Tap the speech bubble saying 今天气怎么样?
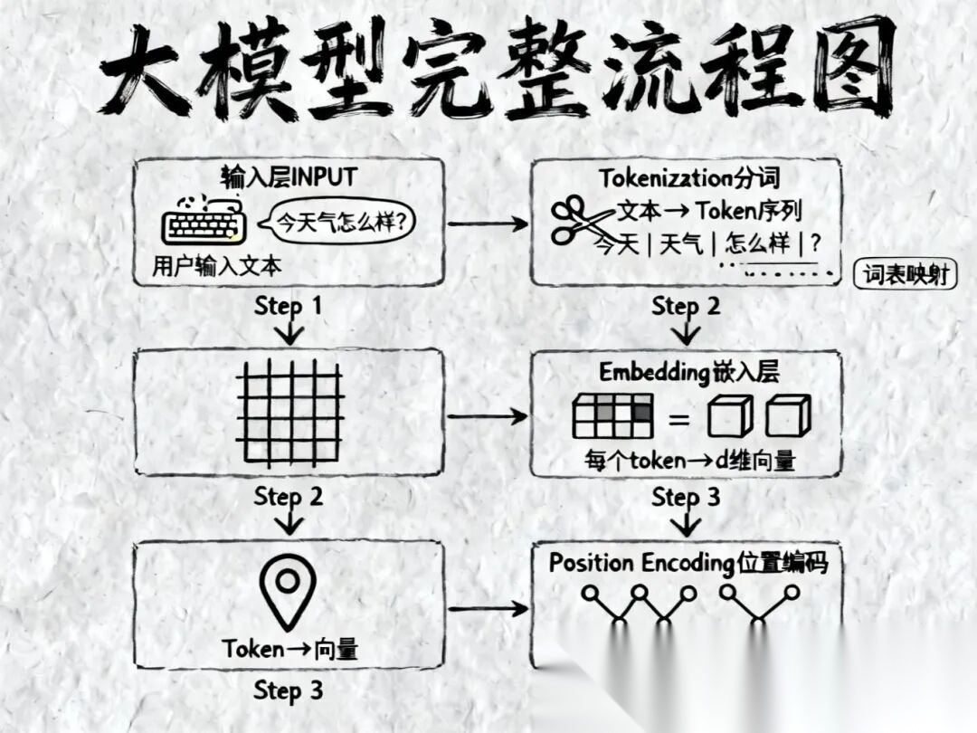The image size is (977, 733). (x=333, y=221)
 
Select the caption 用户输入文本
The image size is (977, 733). (x=216, y=267)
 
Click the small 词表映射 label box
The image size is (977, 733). (x=905, y=274)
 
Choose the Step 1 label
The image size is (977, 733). (x=288, y=306)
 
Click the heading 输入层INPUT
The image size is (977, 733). (x=289, y=176)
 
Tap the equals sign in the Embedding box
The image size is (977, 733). (x=678, y=419)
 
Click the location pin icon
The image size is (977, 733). (x=288, y=593)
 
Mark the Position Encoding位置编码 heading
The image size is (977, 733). (x=688, y=562)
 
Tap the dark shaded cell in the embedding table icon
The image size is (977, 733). (x=641, y=411)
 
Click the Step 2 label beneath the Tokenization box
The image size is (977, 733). (x=686, y=306)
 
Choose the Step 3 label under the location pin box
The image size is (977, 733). (x=288, y=690)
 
